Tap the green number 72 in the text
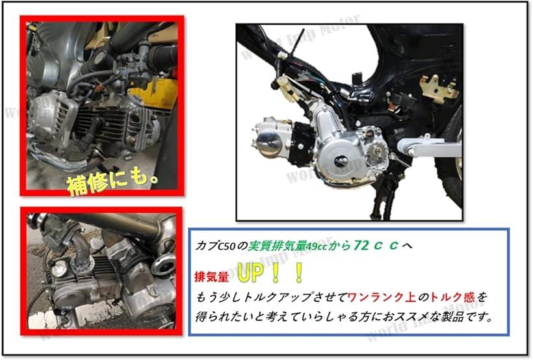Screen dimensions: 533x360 coord(362,245)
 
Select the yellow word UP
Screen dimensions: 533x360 coord(250,274)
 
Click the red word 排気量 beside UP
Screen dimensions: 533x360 coord(211,277)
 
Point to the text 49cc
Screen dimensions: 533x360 coord(316,246)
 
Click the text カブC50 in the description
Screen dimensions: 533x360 coord(216,246)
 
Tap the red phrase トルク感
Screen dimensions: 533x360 coord(452,298)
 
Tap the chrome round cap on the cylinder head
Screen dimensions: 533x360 coord(268,143)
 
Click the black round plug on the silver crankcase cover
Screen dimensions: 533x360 coord(340,161)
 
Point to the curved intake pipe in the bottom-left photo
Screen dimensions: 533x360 coord(81,248)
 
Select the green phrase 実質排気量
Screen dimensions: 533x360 coord(277,246)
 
